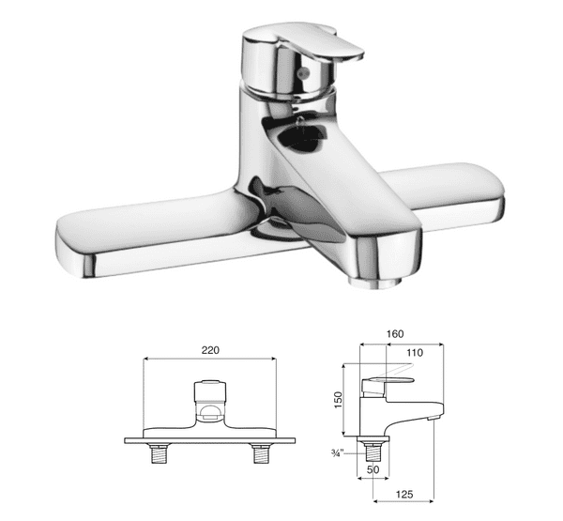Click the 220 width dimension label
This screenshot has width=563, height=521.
click(209, 349)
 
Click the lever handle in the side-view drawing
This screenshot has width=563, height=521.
click(389, 379)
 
